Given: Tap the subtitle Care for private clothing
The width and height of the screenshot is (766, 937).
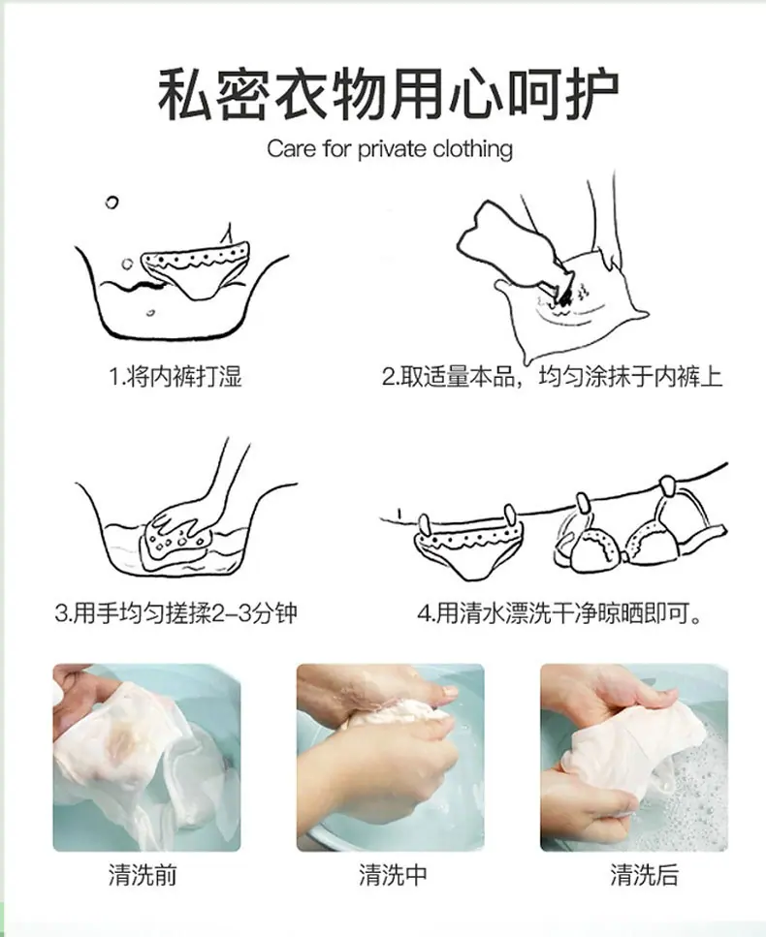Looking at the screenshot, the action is click(389, 149).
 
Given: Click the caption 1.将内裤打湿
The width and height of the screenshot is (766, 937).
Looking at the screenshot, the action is click(176, 377).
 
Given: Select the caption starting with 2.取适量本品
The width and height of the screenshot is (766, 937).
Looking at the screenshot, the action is click(553, 377).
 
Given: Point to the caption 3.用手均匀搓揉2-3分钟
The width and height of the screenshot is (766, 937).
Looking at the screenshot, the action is click(176, 613).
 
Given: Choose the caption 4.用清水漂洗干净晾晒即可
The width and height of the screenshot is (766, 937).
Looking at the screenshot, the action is click(559, 613).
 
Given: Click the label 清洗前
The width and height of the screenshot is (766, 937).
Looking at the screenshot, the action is click(143, 875).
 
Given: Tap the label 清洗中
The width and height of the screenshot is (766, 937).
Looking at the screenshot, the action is click(393, 875).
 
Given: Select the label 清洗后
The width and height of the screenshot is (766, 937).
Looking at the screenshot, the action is click(644, 875).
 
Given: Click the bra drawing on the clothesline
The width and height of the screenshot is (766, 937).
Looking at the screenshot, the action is click(640, 529).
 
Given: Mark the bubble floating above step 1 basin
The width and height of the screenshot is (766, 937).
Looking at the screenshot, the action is click(112, 203).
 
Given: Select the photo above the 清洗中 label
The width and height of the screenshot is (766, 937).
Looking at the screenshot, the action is click(391, 757).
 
